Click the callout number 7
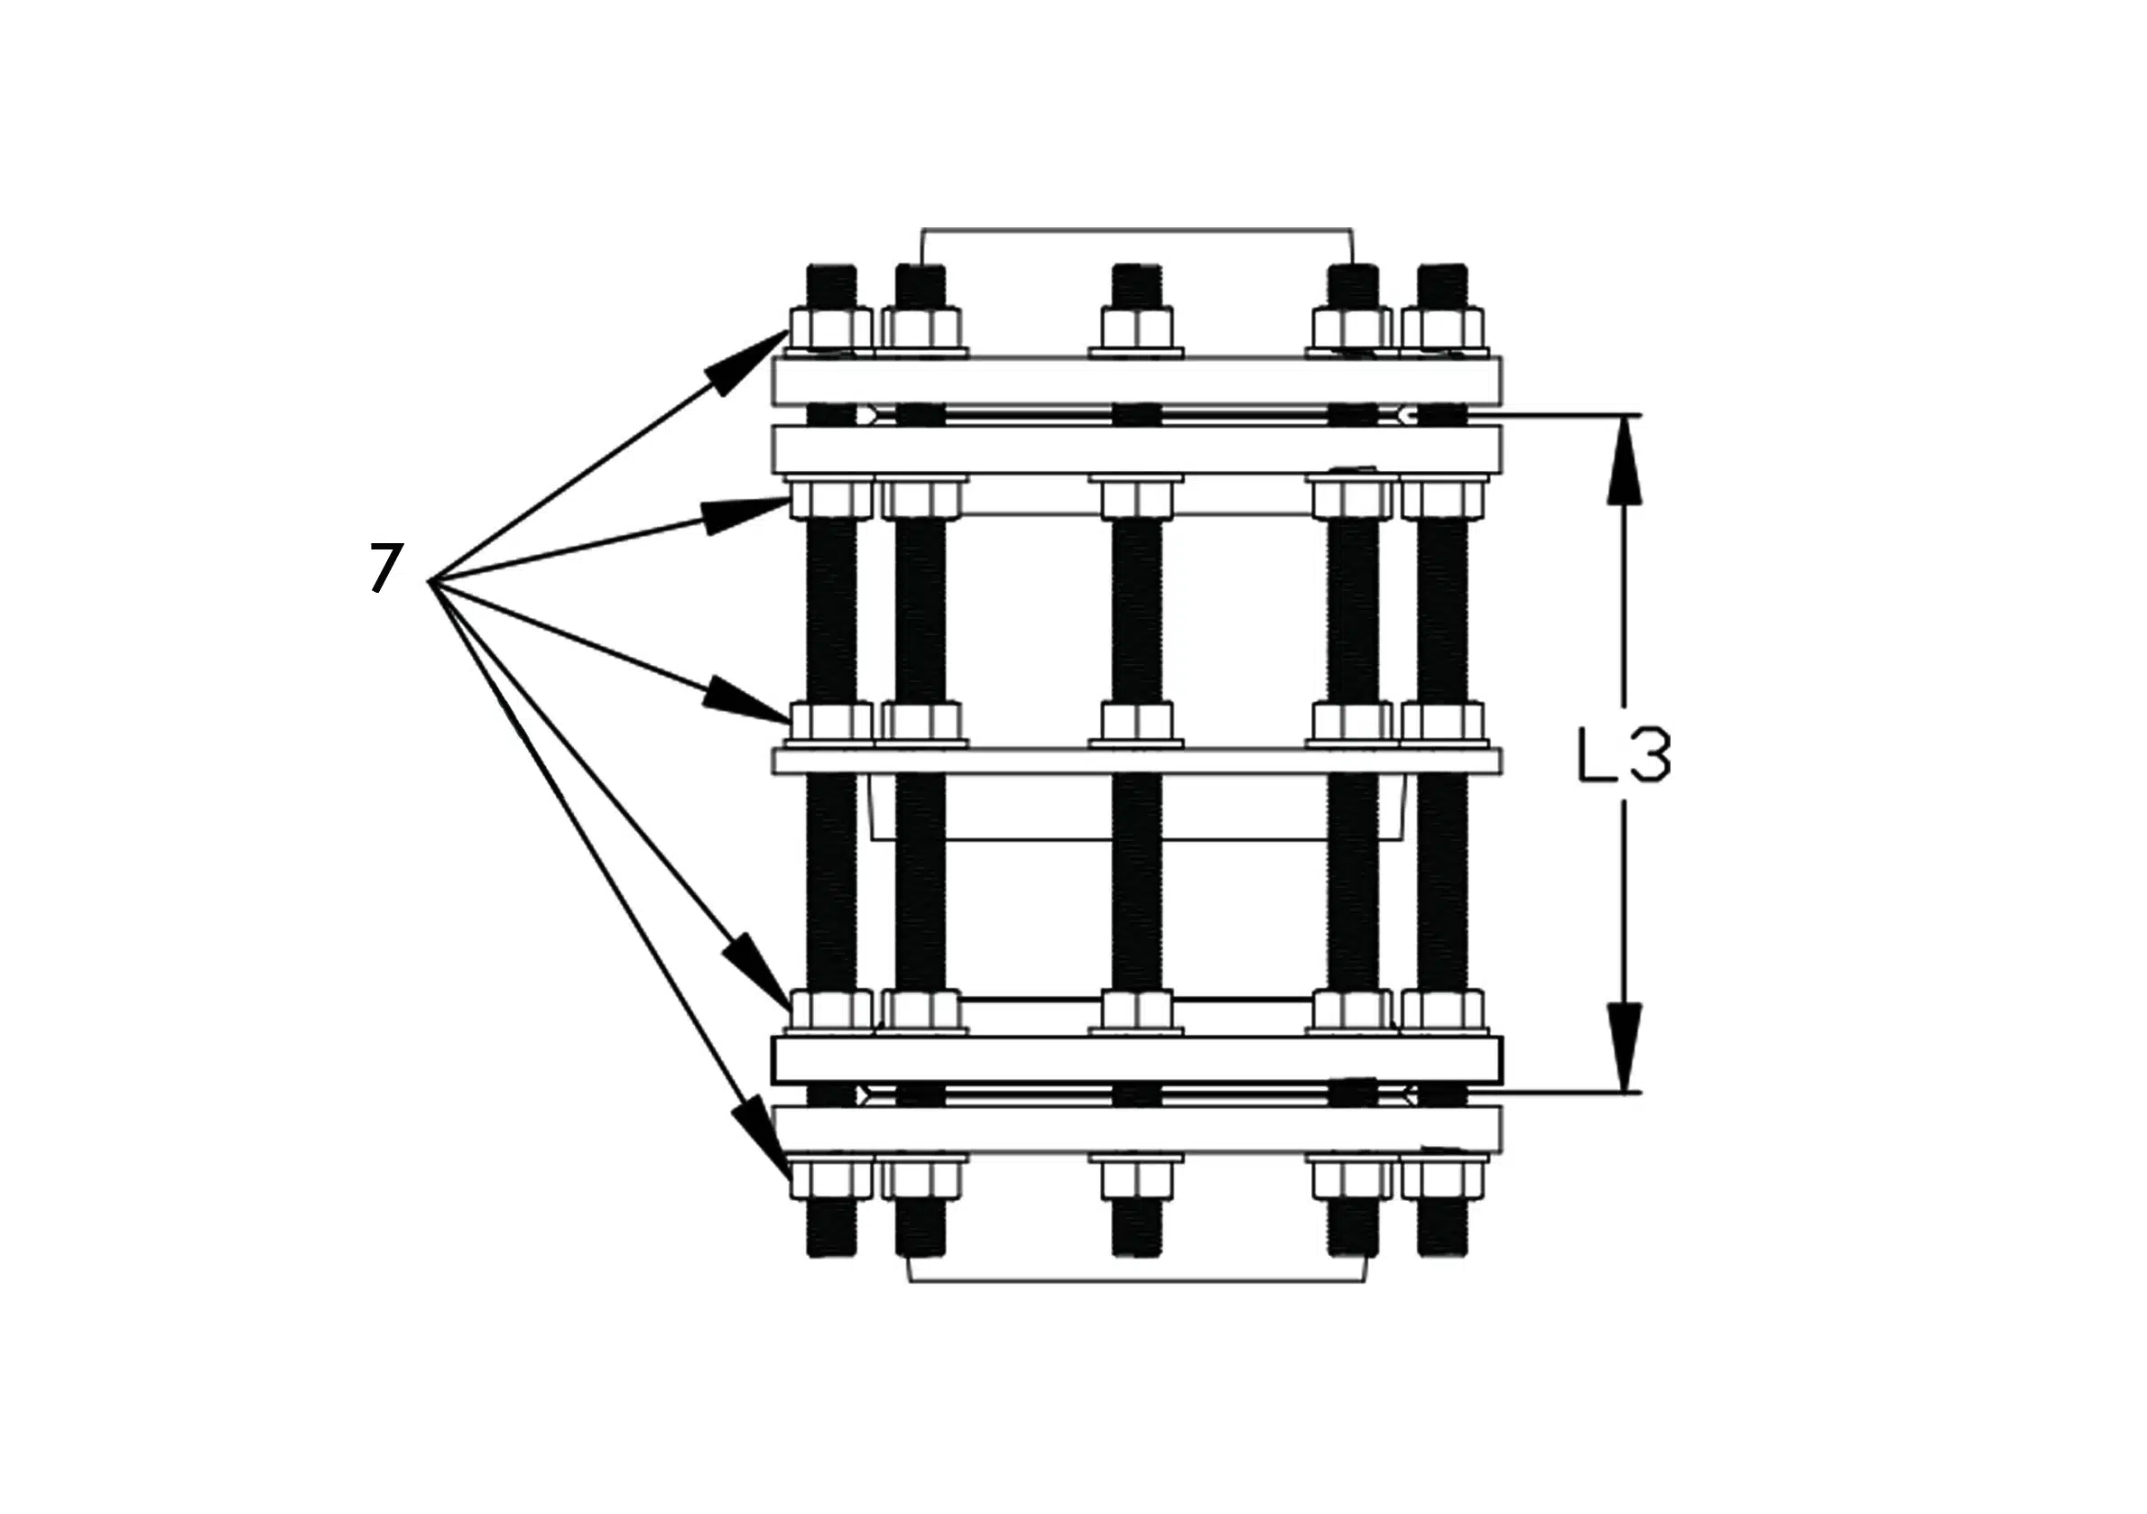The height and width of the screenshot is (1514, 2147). (386, 568)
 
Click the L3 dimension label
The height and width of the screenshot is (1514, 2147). (1623, 754)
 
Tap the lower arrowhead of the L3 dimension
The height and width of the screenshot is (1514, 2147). (1626, 1047)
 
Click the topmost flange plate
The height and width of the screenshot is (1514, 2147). (1136, 381)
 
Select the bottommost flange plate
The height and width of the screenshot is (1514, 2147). (1136, 1129)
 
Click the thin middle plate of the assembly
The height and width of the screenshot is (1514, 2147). (1136, 762)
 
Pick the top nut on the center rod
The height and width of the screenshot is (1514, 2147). (1136, 329)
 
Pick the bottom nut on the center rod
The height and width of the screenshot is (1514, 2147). (1136, 1180)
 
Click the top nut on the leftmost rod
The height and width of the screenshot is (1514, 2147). (830, 329)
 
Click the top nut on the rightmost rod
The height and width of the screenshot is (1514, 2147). (1442, 329)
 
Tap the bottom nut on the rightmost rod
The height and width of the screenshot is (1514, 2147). (1442, 1180)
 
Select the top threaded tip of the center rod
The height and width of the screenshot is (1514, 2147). (1136, 286)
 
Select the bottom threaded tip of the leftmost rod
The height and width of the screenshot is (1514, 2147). (830, 1228)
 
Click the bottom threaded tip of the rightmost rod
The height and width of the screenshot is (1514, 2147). (1442, 1228)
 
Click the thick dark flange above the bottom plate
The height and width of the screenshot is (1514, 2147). (1136, 1059)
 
